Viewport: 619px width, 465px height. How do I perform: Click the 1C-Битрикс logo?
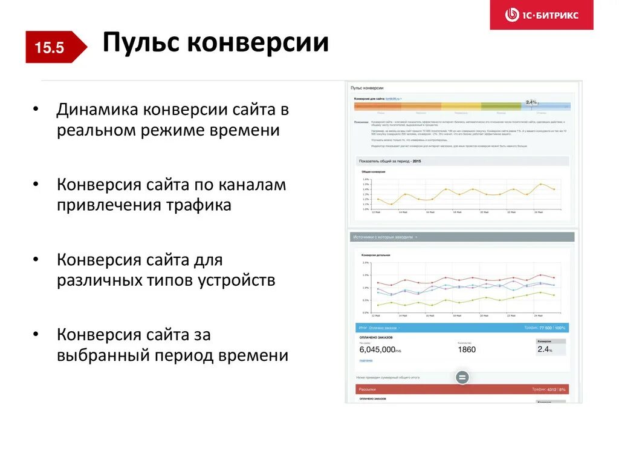pos(542,15)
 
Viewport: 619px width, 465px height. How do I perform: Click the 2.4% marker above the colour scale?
pos(531,102)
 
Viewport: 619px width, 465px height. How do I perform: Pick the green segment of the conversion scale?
pos(501,107)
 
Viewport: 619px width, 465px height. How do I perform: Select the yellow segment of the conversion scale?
pos(461,107)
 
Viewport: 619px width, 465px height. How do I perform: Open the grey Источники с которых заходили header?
pos(383,237)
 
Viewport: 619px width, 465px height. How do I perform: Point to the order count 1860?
pos(467,349)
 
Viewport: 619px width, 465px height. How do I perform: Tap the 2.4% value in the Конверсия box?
pos(545,349)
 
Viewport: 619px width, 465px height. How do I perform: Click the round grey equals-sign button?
pos(462,377)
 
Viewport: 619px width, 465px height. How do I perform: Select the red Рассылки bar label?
pos(368,389)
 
